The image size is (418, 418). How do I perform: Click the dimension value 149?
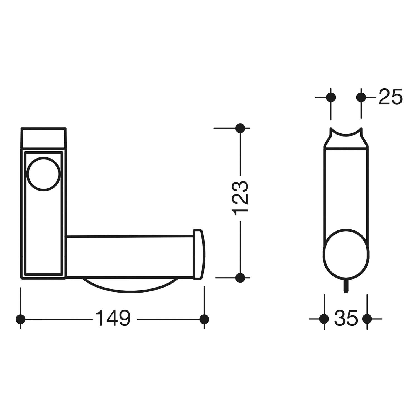coord(113,319)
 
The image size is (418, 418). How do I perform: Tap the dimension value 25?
coord(390,97)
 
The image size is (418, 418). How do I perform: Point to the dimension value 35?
coord(346,318)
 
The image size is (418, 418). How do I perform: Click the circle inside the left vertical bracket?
coord(43,174)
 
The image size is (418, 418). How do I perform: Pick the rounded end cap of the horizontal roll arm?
coord(199,254)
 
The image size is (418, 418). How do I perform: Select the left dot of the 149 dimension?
coord(20,319)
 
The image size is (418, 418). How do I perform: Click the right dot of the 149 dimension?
coord(204,319)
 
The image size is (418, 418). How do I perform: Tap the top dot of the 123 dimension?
coord(240,128)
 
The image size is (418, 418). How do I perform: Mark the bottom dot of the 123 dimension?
coord(240,278)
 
